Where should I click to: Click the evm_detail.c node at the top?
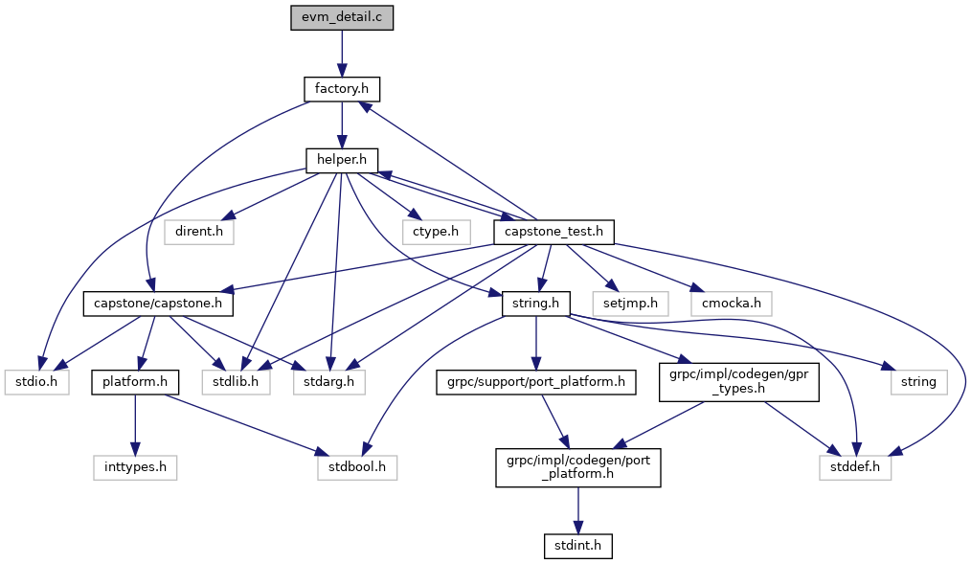(x=342, y=18)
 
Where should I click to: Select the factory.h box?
(x=342, y=90)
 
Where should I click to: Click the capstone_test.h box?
(x=553, y=232)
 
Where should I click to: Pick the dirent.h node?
(x=199, y=232)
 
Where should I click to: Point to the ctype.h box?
(x=435, y=232)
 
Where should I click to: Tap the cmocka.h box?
(x=730, y=304)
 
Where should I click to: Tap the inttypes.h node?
(x=135, y=468)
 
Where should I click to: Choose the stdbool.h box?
(x=356, y=468)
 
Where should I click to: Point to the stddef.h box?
(x=855, y=468)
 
